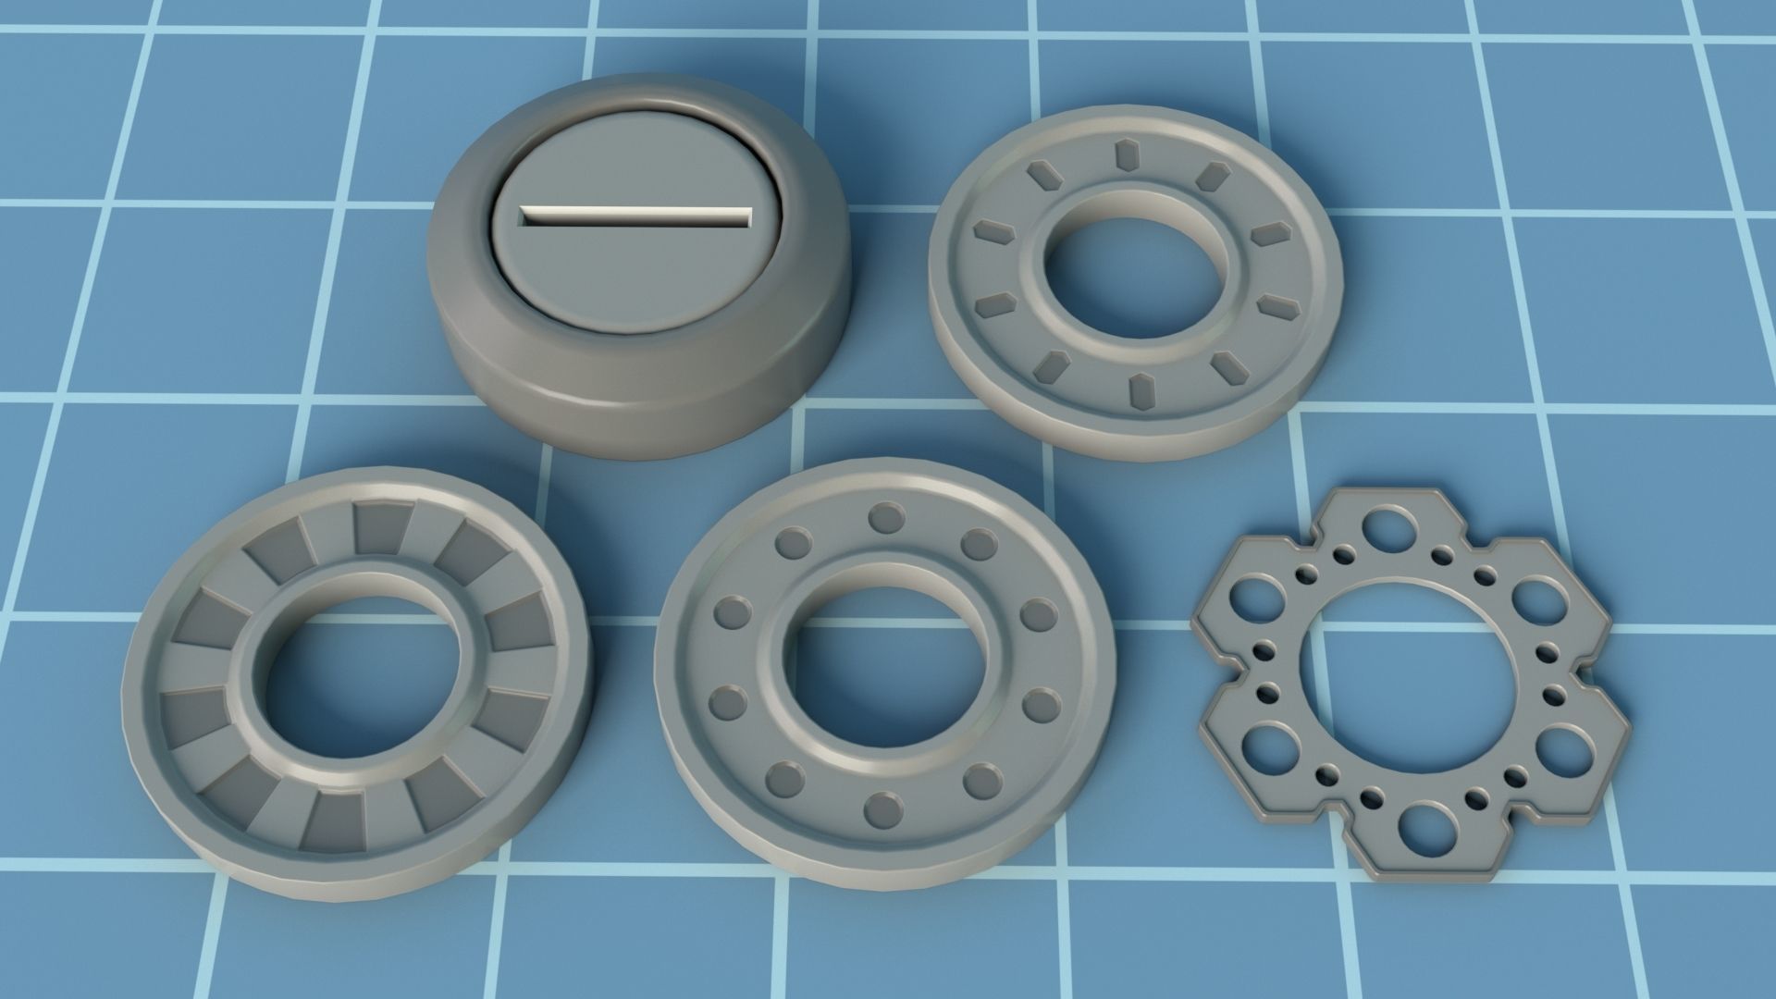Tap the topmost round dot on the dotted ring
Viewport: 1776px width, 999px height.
[886, 518]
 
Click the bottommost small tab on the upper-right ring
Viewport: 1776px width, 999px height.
[1142, 392]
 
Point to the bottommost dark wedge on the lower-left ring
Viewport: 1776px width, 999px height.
[334, 820]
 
